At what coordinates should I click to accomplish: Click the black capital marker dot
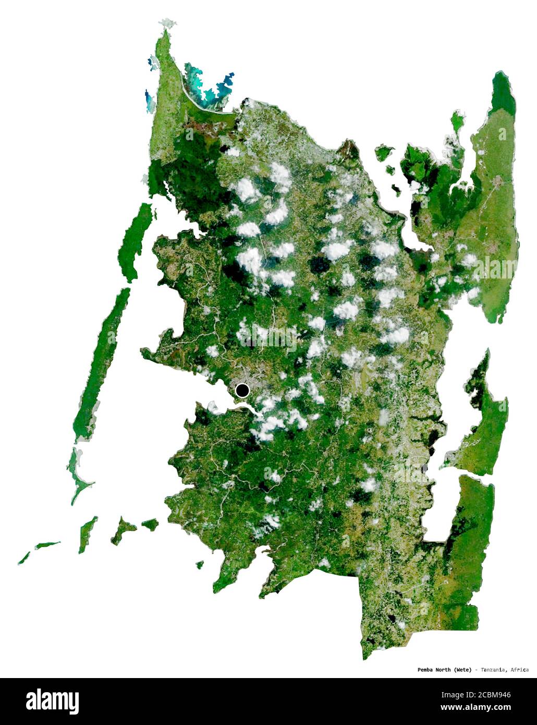coord(242,390)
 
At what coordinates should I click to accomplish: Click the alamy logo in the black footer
coord(52,701)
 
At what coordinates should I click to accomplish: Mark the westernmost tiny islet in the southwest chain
coord(23,558)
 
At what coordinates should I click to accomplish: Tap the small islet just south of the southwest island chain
coord(199,564)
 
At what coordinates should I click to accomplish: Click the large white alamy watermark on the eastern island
coord(487,267)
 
